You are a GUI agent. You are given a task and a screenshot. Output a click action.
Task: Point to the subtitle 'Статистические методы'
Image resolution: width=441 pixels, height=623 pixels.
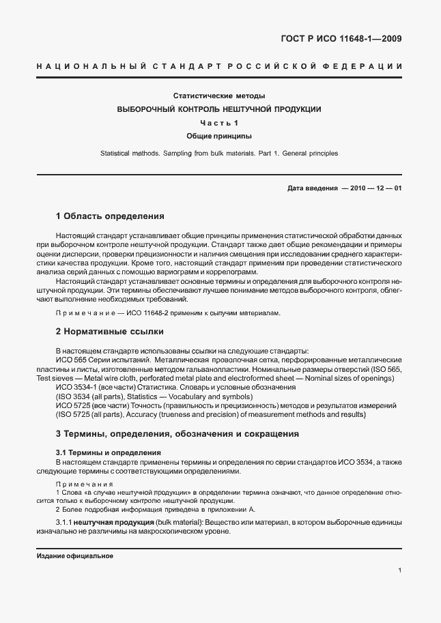219,96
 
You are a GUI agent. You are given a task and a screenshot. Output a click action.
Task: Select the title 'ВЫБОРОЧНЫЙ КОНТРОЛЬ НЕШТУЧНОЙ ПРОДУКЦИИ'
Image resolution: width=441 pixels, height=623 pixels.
219,109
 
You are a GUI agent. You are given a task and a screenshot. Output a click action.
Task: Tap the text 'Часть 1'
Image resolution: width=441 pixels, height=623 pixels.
219,123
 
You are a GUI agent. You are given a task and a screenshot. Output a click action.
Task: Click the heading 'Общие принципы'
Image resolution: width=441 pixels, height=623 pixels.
219,136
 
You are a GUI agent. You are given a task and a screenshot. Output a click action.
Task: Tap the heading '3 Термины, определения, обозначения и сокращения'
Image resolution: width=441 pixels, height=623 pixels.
177,433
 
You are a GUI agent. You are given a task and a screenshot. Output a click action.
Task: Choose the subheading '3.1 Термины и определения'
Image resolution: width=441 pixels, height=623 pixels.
108,452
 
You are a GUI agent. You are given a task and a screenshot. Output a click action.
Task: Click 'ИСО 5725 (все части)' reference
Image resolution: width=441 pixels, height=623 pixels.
91,405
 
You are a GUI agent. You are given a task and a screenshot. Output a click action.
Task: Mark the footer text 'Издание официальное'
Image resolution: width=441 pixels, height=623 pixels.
74,555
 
